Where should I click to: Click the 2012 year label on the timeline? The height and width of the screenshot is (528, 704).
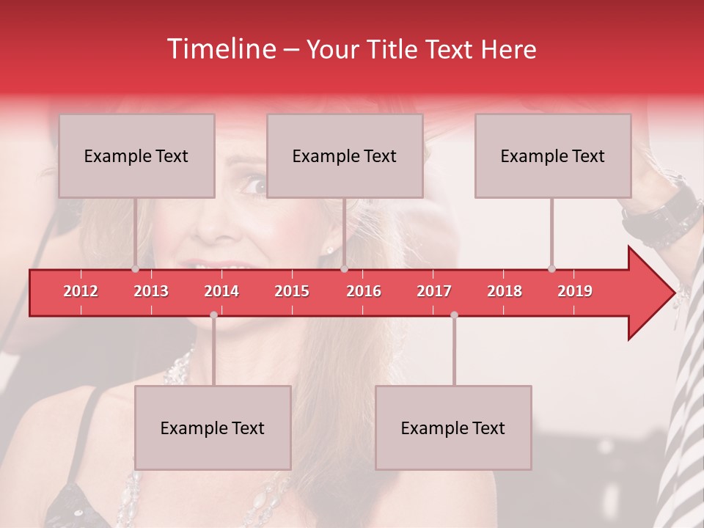(81, 291)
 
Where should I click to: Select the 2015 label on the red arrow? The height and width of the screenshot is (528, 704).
(292, 291)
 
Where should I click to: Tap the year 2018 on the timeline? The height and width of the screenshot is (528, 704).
(505, 291)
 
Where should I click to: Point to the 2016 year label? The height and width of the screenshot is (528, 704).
(364, 291)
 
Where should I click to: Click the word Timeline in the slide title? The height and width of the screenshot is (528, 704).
(220, 49)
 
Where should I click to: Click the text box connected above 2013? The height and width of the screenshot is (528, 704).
(136, 155)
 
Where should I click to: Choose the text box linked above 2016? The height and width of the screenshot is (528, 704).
(345, 155)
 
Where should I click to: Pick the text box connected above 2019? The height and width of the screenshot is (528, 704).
(553, 155)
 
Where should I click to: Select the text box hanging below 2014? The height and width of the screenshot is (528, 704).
(213, 428)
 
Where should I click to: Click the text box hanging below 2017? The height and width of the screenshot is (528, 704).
(453, 428)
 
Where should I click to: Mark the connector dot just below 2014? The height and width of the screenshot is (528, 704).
(213, 315)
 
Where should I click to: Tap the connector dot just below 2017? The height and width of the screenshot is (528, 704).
(454, 315)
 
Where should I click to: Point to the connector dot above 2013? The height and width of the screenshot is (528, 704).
(136, 269)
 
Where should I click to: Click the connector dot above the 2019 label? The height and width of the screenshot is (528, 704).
(551, 268)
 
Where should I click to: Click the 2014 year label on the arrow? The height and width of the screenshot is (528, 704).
(221, 291)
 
